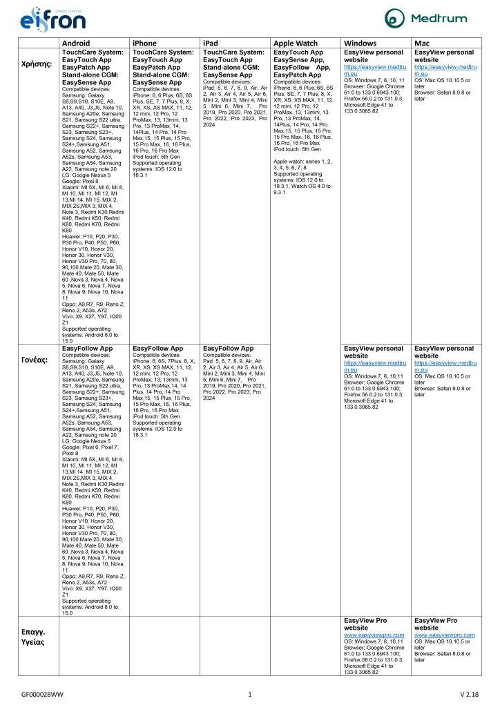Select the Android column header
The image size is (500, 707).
point(76,43)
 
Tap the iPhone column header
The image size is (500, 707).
point(144,43)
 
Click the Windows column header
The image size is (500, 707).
point(360,43)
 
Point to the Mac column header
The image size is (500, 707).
point(422,43)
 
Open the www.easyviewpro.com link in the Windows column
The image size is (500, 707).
point(374,635)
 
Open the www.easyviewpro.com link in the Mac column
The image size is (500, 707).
point(444,635)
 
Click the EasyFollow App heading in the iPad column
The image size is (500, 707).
point(227,349)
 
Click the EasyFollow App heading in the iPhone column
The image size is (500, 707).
point(157,349)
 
